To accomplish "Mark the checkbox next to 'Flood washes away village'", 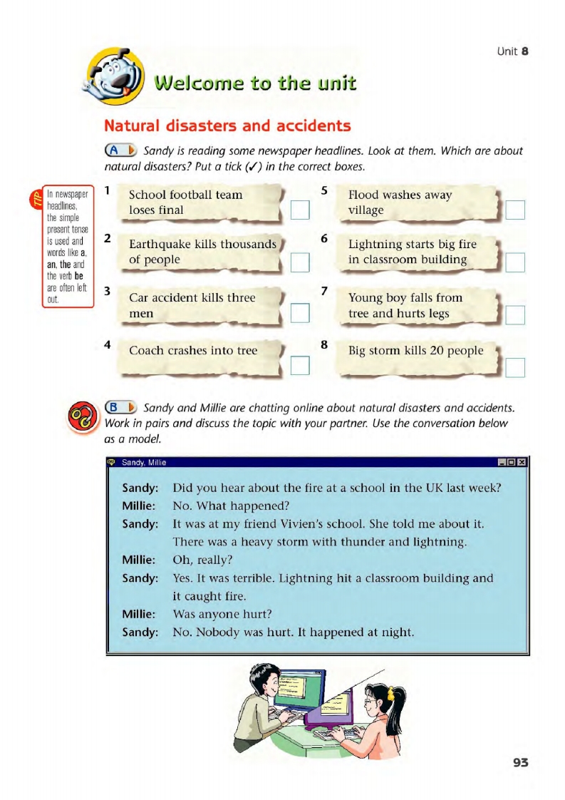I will (x=515, y=210).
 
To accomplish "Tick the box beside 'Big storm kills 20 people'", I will (x=515, y=366).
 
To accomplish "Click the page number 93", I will (x=521, y=762).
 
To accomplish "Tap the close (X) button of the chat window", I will (x=522, y=462).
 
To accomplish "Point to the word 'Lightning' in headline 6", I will (x=374, y=245).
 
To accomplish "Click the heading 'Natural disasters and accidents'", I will (x=227, y=126).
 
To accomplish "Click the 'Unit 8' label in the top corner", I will (x=512, y=51).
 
